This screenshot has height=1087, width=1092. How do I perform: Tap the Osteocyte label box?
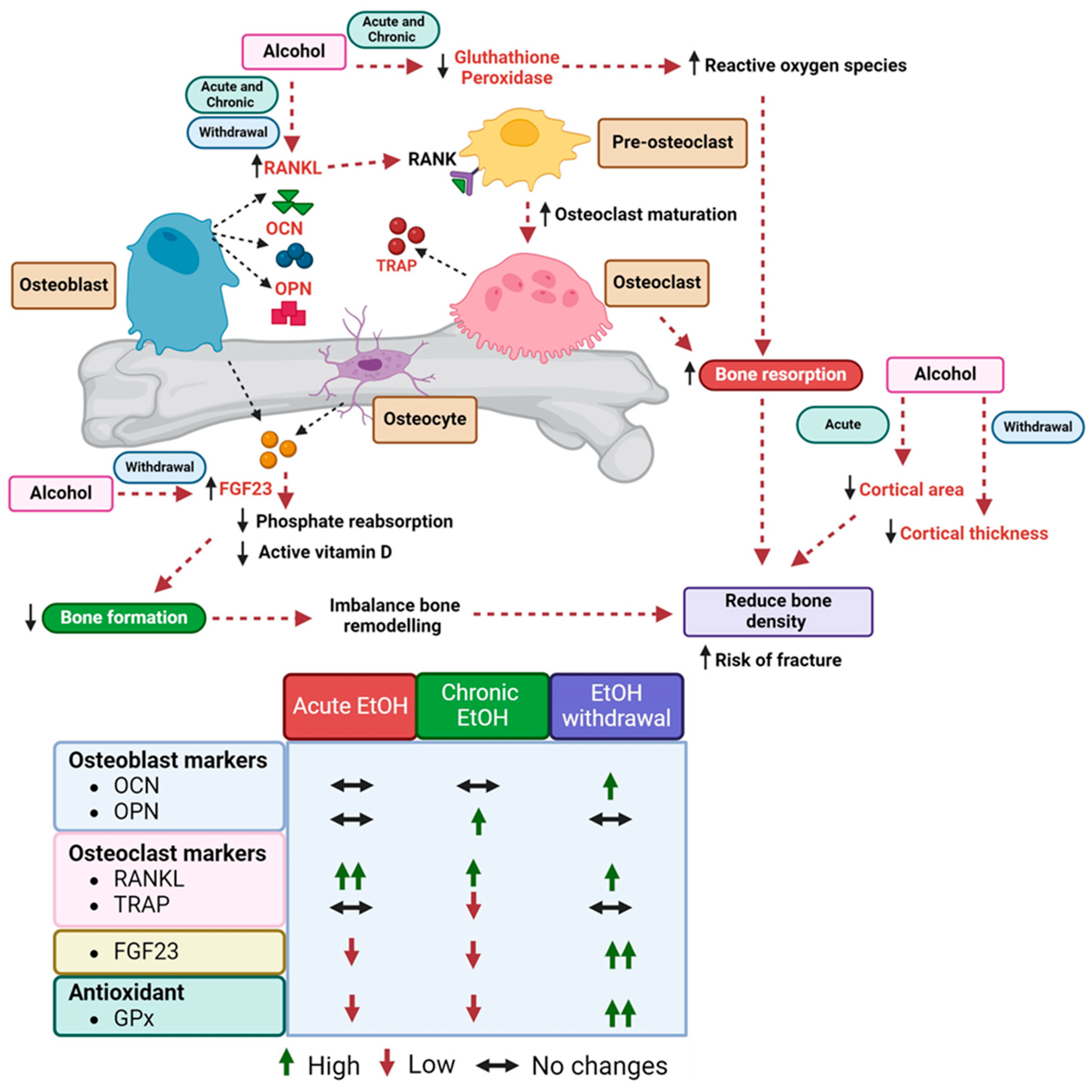click(x=425, y=419)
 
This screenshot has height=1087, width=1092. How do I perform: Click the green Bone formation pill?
click(x=124, y=617)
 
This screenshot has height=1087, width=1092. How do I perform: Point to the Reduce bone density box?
click(x=778, y=611)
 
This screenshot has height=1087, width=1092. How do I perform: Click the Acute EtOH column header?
click(x=350, y=706)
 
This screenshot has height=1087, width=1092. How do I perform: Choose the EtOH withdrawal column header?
click(x=616, y=706)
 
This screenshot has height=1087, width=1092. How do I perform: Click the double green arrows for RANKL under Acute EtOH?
click(x=350, y=876)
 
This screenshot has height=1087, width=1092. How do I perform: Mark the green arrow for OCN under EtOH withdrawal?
click(x=610, y=786)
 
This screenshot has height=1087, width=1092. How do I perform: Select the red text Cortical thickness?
click(x=973, y=533)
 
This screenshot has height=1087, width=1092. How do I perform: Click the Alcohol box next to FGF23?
click(x=61, y=493)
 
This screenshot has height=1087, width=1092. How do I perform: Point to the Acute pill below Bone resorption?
click(x=842, y=425)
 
